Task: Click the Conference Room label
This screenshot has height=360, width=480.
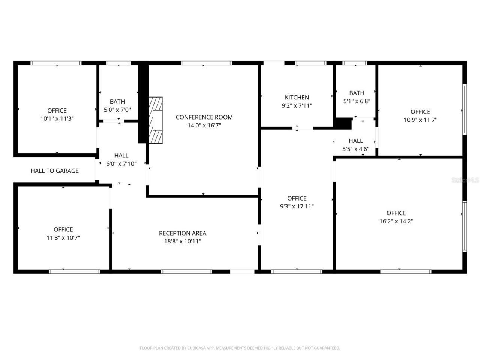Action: (x=204, y=117)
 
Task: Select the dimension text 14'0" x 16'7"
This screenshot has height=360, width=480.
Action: (x=204, y=126)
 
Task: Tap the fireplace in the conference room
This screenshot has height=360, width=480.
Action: (x=156, y=120)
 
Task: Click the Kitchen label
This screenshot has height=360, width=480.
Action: (x=297, y=97)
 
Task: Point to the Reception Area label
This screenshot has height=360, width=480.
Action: (x=182, y=233)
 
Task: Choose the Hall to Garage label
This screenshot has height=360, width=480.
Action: (x=54, y=171)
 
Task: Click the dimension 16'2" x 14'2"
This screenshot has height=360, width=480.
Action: (x=396, y=221)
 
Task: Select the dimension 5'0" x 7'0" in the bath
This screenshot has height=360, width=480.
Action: (x=117, y=110)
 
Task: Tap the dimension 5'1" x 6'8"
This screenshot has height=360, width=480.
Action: (x=357, y=101)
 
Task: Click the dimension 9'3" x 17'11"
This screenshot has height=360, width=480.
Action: (x=297, y=206)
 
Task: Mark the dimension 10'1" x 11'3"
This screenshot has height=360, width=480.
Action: (x=57, y=119)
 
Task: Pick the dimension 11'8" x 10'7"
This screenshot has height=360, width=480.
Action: (x=63, y=238)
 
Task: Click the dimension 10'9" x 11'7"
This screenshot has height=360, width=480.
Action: (x=420, y=120)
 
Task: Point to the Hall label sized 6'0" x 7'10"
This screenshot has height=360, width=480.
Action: (x=121, y=156)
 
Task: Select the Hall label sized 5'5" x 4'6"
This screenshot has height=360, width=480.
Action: (x=355, y=141)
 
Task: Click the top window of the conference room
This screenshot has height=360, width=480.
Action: (x=206, y=63)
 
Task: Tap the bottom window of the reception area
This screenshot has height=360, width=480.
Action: (x=186, y=271)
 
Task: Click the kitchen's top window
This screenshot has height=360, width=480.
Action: (x=310, y=63)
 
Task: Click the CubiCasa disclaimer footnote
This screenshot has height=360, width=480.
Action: (x=240, y=348)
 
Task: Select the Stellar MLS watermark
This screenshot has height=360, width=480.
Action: (x=465, y=180)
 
